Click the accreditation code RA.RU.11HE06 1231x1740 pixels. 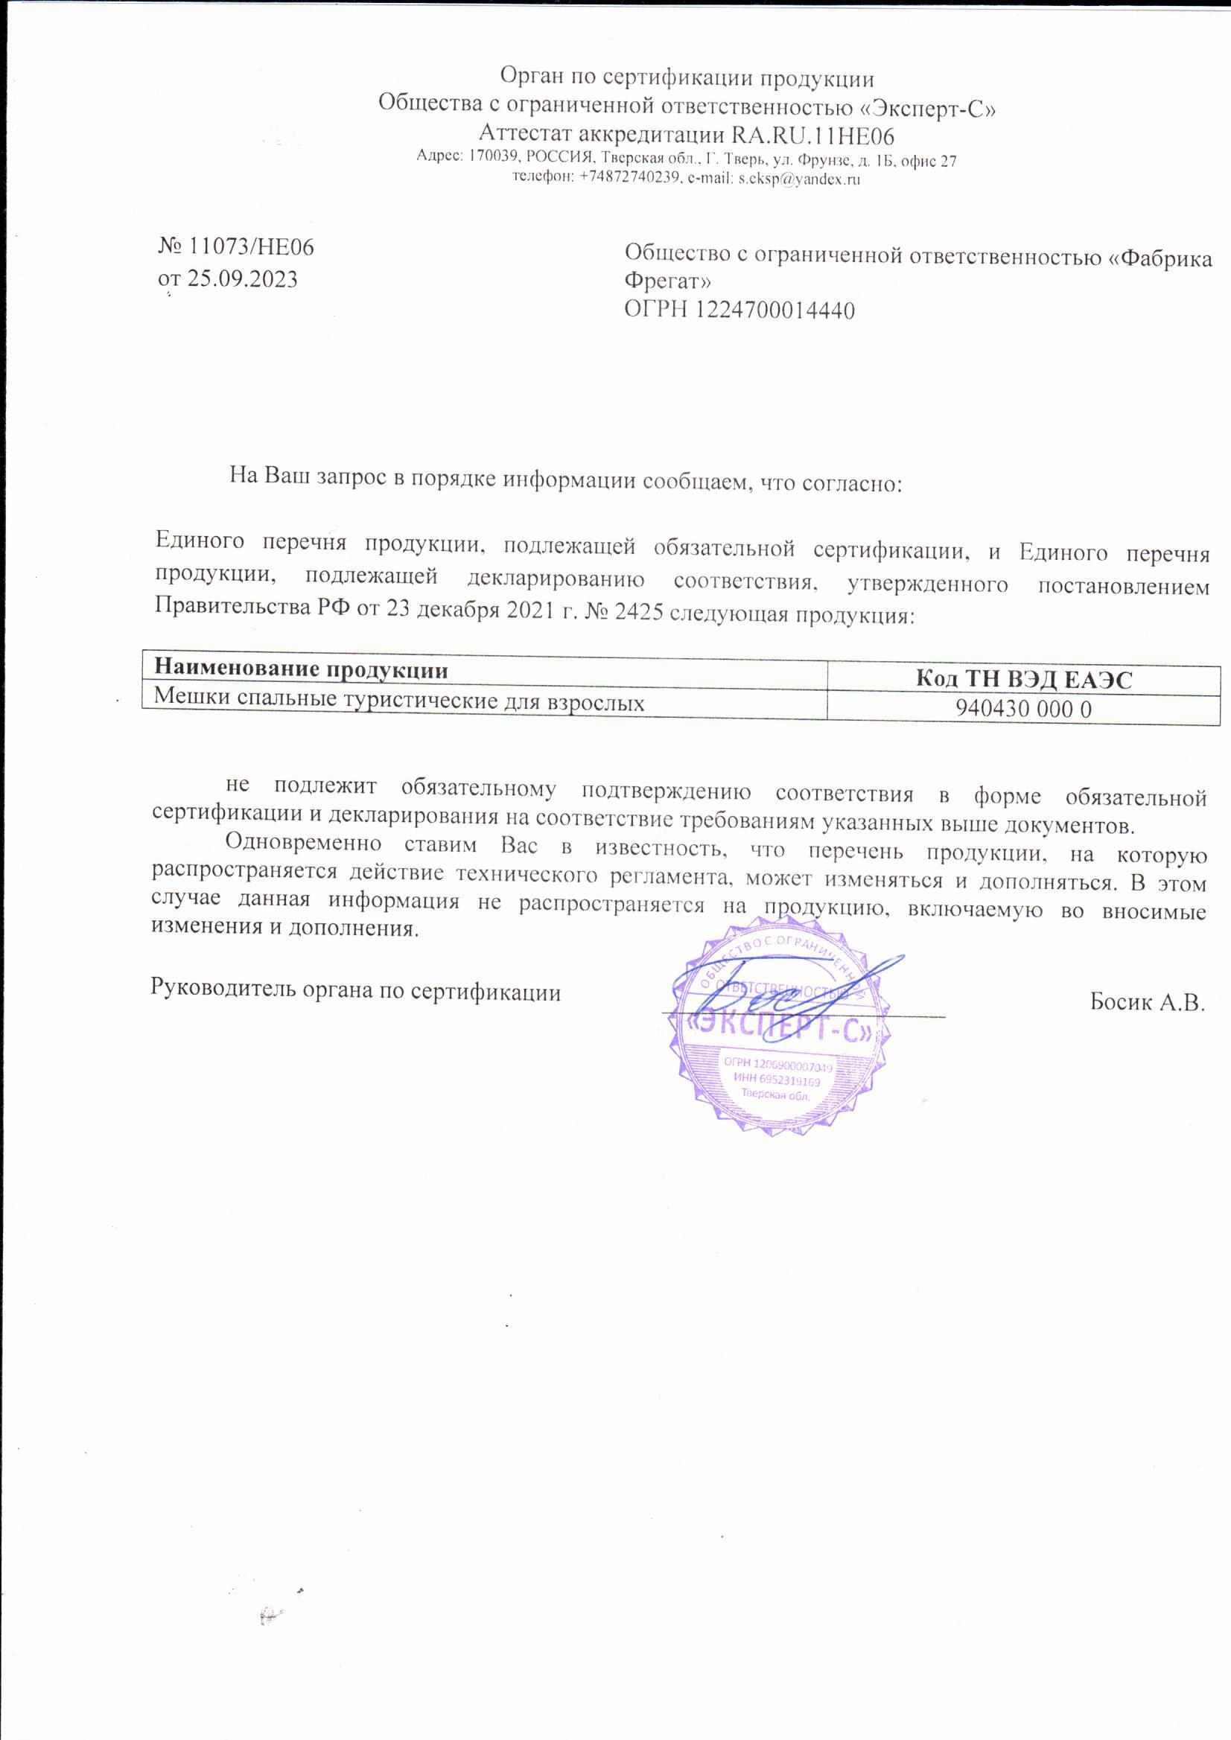point(812,136)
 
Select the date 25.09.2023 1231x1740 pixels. point(243,279)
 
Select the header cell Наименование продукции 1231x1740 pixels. point(301,670)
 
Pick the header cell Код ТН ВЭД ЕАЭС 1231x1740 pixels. point(1023,679)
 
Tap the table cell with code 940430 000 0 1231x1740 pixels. point(1023,710)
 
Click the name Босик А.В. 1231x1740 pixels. point(1147,1002)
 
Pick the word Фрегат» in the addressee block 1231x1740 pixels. point(668,281)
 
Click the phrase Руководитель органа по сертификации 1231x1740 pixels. point(355,989)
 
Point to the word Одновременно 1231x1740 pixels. point(303,844)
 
